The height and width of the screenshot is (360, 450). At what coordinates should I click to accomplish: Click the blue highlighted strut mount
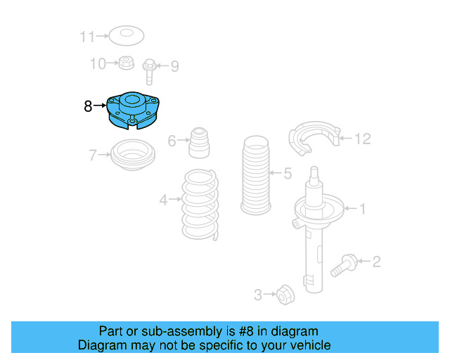click(132, 112)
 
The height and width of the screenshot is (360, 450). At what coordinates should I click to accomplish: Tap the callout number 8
click(87, 107)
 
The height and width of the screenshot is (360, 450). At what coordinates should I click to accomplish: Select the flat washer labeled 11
click(127, 34)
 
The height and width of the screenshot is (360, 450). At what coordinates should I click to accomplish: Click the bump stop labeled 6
click(200, 143)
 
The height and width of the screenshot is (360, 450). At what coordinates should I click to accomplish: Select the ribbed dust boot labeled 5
click(255, 176)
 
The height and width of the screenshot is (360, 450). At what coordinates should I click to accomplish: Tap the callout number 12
click(361, 139)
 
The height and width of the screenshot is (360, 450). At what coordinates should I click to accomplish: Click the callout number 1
click(363, 208)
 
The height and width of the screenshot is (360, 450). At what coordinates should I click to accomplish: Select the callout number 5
click(287, 173)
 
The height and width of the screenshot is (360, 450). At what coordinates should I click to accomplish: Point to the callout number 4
click(163, 200)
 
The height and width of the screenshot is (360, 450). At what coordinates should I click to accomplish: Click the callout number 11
click(86, 35)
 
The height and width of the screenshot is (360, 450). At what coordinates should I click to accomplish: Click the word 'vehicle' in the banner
click(309, 345)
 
